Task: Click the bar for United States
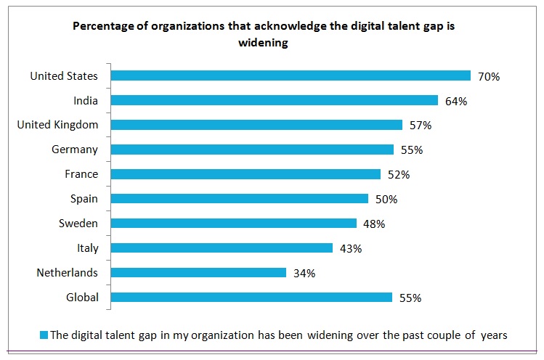click(x=291, y=75)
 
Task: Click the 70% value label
click(x=488, y=76)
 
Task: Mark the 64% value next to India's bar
click(x=455, y=101)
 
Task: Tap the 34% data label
click(x=304, y=273)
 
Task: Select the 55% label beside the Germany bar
click(x=411, y=150)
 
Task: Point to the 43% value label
click(x=350, y=248)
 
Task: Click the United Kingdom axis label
click(x=57, y=125)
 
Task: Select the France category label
click(x=81, y=174)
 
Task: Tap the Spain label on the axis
click(x=84, y=199)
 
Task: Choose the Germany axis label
click(x=75, y=150)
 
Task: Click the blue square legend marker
click(x=44, y=335)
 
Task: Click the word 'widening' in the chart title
click(x=263, y=43)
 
